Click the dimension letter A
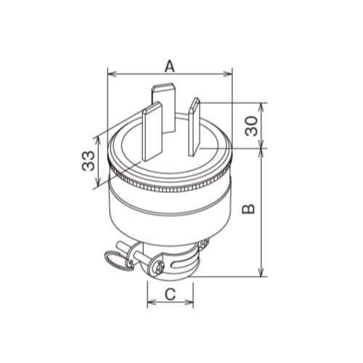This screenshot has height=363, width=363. [169, 67]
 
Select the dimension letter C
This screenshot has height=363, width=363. [170, 295]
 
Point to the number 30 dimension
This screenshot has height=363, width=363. [251, 126]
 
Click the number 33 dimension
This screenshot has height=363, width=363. [88, 161]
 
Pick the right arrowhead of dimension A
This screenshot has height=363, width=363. [227, 74]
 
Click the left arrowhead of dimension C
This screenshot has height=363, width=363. [152, 302]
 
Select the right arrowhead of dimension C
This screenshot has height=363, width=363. [189, 302]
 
